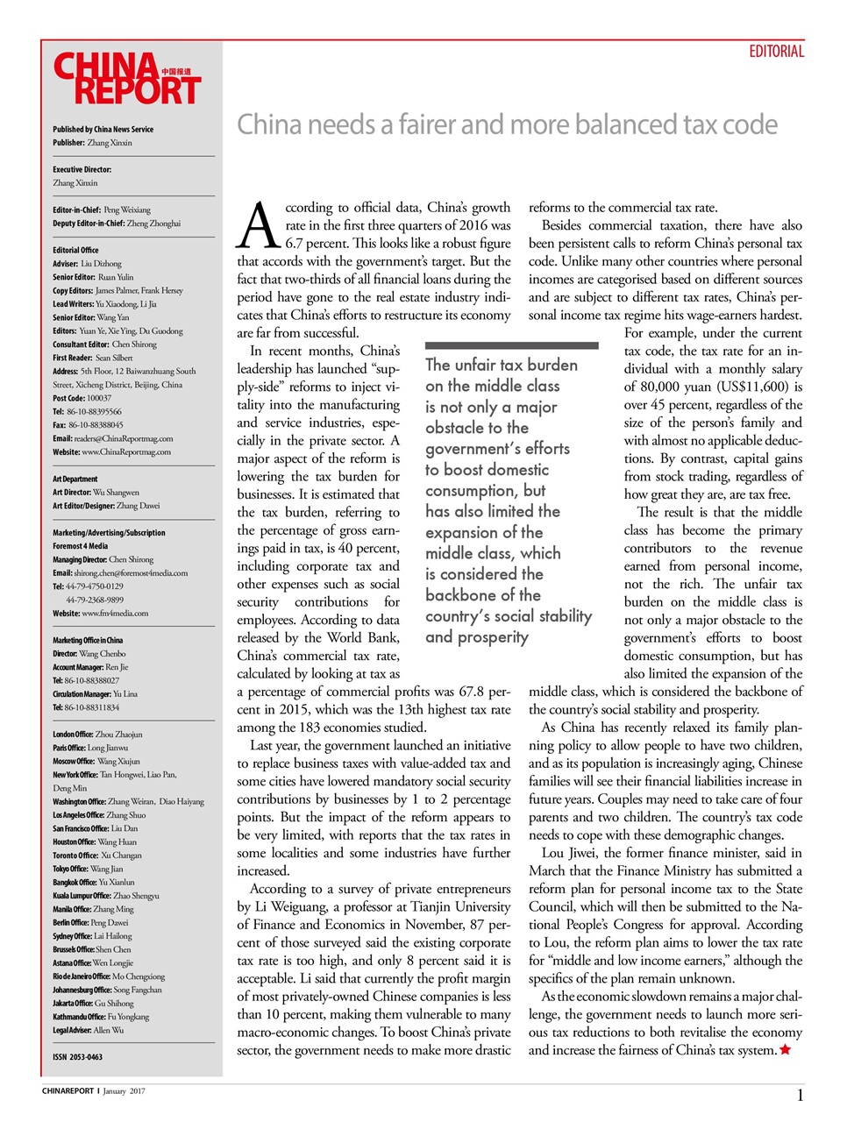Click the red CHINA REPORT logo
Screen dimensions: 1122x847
pyautogui.click(x=126, y=79)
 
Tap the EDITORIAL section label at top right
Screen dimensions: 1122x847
pyautogui.click(x=776, y=52)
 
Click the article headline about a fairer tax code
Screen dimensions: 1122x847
pyautogui.click(x=507, y=124)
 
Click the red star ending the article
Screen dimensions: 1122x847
pyautogui.click(x=785, y=1050)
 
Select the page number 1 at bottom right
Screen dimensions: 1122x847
pyautogui.click(x=800, y=1095)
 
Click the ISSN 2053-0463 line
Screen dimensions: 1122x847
pyautogui.click(x=77, y=1057)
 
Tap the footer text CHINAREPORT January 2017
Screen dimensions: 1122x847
pyautogui.click(x=94, y=1091)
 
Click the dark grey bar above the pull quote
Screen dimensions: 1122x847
pyautogui.click(x=511, y=346)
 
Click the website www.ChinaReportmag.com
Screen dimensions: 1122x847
pyautogui.click(x=125, y=452)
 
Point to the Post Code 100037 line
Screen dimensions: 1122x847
pyautogui.click(x=82, y=398)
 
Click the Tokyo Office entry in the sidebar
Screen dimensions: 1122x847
pyautogui.click(x=88, y=869)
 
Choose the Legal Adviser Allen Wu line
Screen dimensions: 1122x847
pyautogui.click(x=88, y=1030)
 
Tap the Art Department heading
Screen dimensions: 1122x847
pyautogui.click(x=75, y=479)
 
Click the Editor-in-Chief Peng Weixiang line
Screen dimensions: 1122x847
pyautogui.click(x=101, y=210)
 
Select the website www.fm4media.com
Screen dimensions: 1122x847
pyautogui.click(x=114, y=614)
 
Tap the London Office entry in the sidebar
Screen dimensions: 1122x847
pyautogui.click(x=96, y=735)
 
